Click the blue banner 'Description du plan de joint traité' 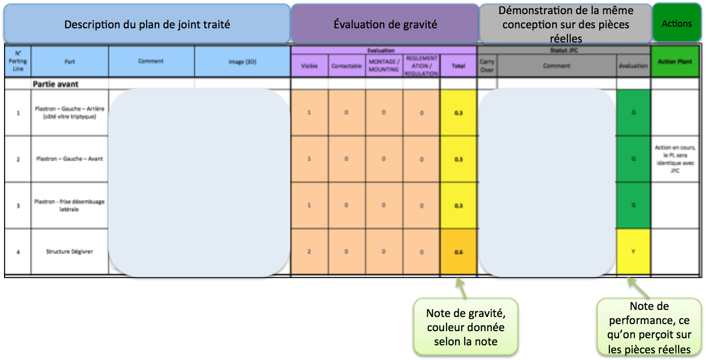147,24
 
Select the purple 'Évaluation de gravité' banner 385,24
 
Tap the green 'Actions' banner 677,23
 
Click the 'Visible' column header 310,66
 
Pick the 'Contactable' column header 346,66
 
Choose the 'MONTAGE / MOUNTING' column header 384,66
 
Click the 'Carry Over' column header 487,66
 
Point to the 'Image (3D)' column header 242,62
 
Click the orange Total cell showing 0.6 458,252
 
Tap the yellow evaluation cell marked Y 633,252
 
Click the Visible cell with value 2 310,252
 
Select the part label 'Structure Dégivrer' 69,252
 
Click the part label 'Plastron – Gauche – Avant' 69,159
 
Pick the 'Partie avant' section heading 56,84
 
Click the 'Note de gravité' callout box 465,327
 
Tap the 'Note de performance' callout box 649,327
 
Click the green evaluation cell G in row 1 633,112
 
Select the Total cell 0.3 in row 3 458,205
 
